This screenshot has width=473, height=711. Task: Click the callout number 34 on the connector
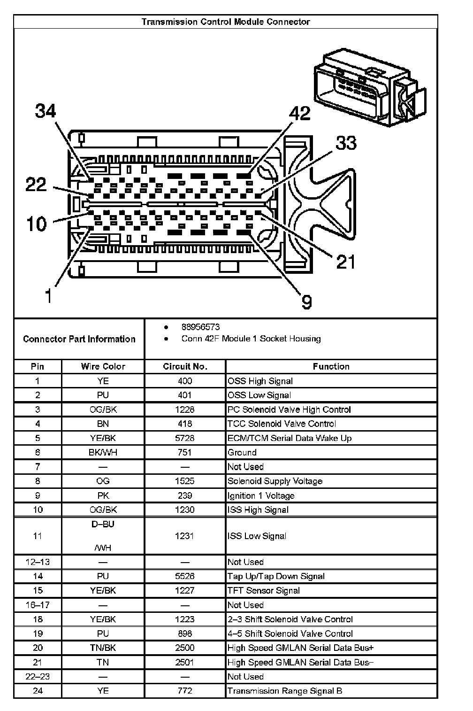click(x=46, y=112)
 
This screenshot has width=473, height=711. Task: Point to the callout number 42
click(x=300, y=113)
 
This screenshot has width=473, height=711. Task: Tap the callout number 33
click(x=346, y=143)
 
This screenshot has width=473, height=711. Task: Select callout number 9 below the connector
click(x=306, y=301)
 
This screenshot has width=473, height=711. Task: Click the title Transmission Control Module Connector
click(x=226, y=22)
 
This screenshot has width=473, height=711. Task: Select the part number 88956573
click(x=200, y=327)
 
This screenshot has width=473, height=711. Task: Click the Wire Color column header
click(x=103, y=366)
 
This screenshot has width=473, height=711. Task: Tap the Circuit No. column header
click(x=185, y=366)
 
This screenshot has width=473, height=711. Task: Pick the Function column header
click(x=331, y=366)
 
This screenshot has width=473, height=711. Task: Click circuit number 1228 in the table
click(x=185, y=410)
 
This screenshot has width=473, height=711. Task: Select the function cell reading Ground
click(x=242, y=452)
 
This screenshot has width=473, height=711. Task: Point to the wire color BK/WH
click(x=103, y=452)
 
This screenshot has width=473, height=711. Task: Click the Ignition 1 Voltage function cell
click(x=261, y=495)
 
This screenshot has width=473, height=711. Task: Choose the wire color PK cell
click(x=103, y=495)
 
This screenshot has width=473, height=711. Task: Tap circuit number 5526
click(x=185, y=576)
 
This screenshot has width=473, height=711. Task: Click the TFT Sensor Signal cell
click(x=263, y=590)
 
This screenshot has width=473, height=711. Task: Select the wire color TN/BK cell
click(x=103, y=648)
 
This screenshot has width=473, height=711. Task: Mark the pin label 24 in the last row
click(x=38, y=691)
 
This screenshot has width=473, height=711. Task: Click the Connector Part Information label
click(x=79, y=339)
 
